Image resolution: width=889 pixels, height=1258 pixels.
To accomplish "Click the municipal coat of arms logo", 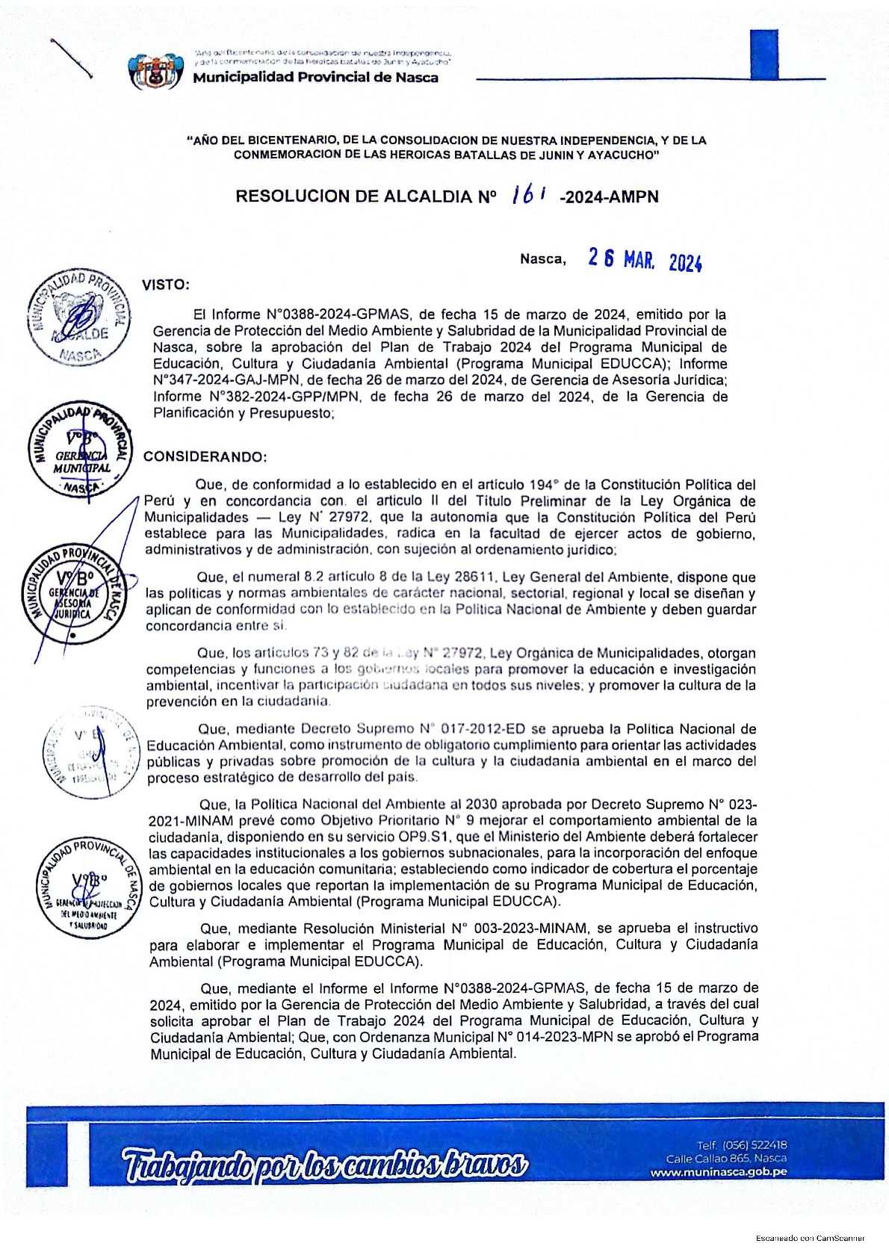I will [x=156, y=72].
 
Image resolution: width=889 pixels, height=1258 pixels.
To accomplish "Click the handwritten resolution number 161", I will [x=528, y=195].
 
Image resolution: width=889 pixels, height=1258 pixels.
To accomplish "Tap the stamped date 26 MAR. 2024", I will [x=645, y=259].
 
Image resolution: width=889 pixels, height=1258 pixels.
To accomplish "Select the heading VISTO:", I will [x=166, y=285].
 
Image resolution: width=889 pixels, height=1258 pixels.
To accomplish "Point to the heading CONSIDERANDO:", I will [x=205, y=456].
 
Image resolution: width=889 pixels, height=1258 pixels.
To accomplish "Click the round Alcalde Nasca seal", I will [x=78, y=317].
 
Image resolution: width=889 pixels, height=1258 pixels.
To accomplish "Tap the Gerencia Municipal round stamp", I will [x=80, y=453].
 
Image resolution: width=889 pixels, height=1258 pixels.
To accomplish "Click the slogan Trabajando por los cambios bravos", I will [x=325, y=1164].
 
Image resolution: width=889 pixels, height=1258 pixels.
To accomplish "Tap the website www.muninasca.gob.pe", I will [x=718, y=1172].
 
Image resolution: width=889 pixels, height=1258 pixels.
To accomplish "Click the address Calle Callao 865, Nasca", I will [x=726, y=1158].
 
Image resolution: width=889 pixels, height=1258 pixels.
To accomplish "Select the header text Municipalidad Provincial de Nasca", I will [x=315, y=78].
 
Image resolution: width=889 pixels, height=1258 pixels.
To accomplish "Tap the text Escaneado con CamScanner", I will [x=810, y=1238].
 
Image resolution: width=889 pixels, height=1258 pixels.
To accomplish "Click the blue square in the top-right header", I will [x=763, y=53].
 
